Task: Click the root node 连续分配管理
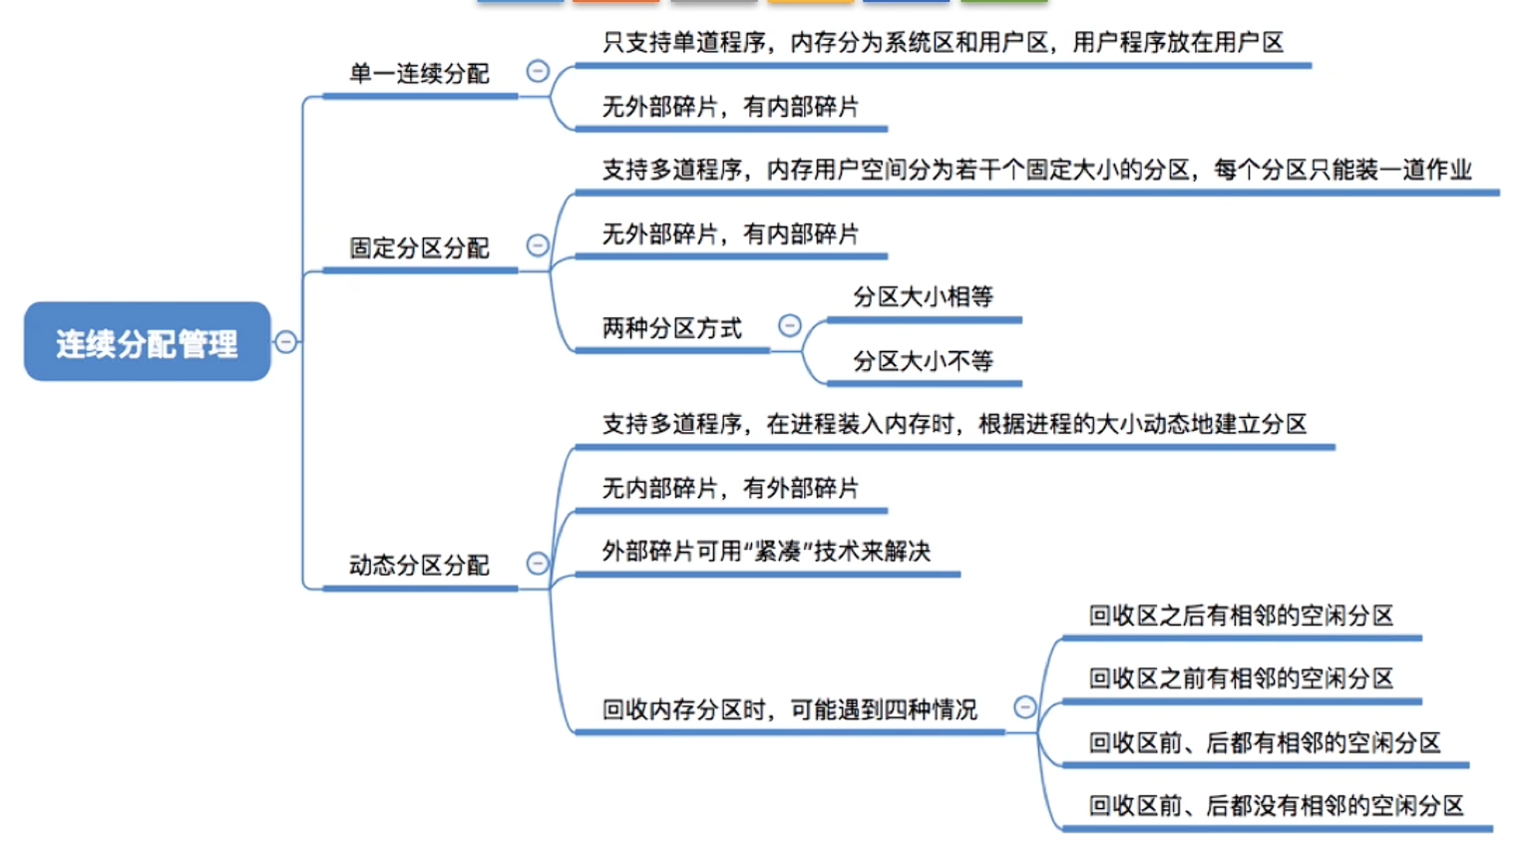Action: click(148, 341)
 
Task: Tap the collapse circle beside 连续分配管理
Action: click(286, 341)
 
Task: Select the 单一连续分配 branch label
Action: click(419, 73)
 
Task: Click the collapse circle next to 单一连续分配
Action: click(538, 71)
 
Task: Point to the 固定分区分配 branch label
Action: click(419, 248)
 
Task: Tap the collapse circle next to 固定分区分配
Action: click(538, 245)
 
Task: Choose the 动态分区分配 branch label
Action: click(419, 566)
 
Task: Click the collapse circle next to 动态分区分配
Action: click(538, 564)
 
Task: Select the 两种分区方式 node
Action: click(672, 328)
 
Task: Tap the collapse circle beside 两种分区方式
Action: click(789, 325)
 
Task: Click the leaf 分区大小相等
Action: click(923, 296)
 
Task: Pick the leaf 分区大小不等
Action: click(923, 360)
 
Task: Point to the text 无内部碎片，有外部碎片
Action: click(730, 489)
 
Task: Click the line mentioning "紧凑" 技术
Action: click(766, 552)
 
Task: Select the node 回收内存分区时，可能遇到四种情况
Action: click(789, 710)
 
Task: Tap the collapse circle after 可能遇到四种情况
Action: click(1024, 707)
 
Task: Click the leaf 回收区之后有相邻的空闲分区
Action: click(1241, 616)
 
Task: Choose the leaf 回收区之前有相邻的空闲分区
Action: click(1241, 679)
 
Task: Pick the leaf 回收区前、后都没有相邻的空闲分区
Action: click(1277, 806)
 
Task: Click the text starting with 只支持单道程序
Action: click(943, 43)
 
